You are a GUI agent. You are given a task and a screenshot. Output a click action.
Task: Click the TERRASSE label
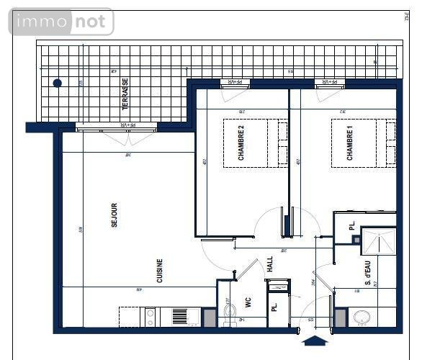coord(125,94)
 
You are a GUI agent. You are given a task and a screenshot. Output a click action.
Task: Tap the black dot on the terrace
coord(58,84)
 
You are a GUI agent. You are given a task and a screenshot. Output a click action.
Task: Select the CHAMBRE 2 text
coord(241,143)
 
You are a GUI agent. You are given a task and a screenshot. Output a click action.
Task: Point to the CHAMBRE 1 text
coord(350,143)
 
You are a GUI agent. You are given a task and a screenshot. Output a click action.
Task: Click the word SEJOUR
coord(114,215)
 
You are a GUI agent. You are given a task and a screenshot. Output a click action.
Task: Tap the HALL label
coord(270,264)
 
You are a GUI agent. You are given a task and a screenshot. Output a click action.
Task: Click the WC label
coord(246,303)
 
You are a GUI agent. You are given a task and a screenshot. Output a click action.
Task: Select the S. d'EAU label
coord(367,274)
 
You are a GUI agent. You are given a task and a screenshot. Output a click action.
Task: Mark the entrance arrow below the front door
coord(315,341)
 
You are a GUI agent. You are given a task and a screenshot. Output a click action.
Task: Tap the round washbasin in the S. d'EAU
coord(359,318)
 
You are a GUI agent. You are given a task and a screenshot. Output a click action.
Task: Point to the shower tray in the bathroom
coord(378,242)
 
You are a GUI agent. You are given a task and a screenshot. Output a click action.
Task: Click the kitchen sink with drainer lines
coord(178,316)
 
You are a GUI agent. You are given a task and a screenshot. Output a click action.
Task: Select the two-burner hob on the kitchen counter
coord(150,316)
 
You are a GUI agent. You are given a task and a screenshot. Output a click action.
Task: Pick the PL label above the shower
coord(352,227)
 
